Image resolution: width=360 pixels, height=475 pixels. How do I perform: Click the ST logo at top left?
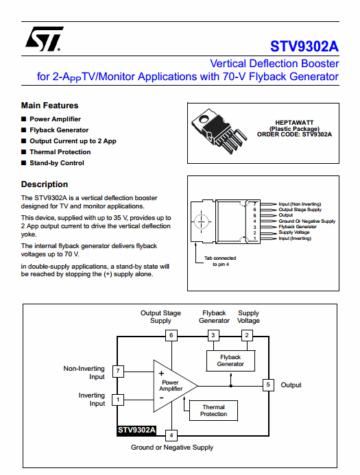(44, 39)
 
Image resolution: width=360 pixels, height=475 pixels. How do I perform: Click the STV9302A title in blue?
(304, 47)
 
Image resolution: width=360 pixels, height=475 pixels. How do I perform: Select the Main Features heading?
(49, 106)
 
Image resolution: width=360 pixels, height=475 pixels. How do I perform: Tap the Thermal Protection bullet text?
(60, 152)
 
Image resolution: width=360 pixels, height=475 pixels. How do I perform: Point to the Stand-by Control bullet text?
(57, 163)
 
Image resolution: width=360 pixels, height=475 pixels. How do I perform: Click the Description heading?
(45, 184)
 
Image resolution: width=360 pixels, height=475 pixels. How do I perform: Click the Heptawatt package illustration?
(219, 131)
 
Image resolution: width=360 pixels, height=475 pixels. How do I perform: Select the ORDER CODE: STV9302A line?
(294, 134)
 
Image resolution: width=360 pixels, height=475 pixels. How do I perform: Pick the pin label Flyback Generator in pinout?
(298, 227)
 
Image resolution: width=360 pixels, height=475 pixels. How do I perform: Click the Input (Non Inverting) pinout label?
(300, 204)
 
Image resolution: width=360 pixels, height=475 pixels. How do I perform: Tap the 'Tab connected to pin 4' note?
(220, 261)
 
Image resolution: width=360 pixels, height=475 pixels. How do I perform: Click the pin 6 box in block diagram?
(171, 335)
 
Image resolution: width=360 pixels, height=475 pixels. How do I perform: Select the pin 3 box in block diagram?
(213, 335)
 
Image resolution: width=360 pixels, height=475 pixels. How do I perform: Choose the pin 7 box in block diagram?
(118, 371)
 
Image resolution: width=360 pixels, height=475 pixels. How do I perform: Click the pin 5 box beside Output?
(268, 385)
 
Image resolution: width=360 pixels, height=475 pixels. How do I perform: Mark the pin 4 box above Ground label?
(171, 436)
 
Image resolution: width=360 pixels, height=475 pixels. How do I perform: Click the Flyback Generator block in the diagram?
(230, 361)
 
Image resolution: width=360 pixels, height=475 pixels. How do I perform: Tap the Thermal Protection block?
(214, 411)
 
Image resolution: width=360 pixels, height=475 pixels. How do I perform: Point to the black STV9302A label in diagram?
(136, 430)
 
